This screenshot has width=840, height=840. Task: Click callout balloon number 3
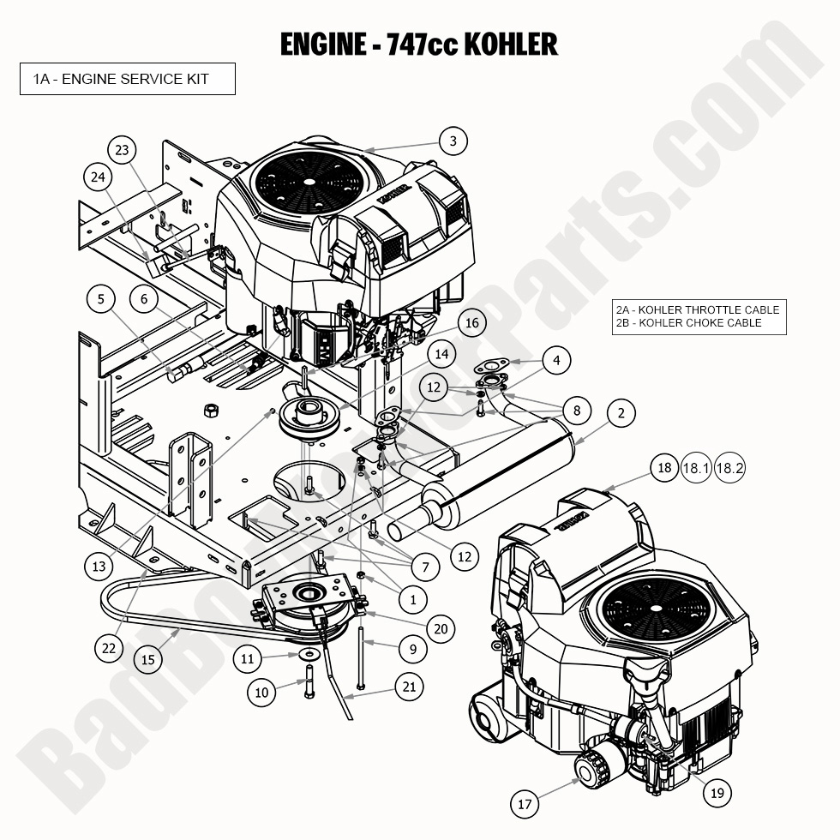click(453, 141)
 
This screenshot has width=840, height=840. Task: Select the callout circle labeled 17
click(525, 804)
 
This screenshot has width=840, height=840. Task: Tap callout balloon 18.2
click(729, 468)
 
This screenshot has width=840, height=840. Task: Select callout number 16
click(471, 323)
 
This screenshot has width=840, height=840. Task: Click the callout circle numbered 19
click(717, 794)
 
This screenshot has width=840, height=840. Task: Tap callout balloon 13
click(99, 566)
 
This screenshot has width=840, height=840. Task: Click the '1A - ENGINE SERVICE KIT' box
click(128, 80)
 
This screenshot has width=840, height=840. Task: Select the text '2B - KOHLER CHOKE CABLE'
click(688, 323)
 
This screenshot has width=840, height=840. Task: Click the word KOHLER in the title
click(511, 44)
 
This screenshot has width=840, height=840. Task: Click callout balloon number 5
click(101, 299)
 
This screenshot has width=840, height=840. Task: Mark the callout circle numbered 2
click(621, 414)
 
